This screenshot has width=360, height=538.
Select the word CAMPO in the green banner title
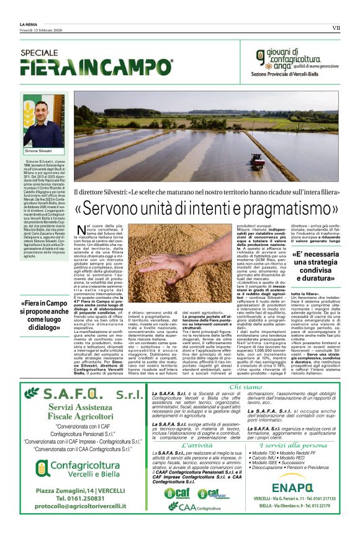[137, 66]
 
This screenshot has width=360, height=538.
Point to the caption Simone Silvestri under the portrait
[38, 152]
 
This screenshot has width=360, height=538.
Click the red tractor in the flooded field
[257, 161]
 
